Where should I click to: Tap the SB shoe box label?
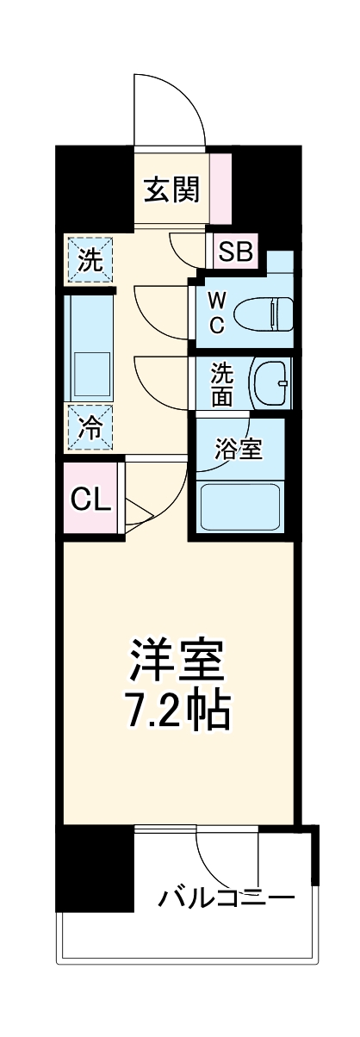(x=234, y=252)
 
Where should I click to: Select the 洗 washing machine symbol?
(x=90, y=259)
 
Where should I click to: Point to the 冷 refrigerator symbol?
(x=90, y=426)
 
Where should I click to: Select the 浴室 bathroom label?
(x=238, y=449)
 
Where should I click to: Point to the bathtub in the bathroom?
(x=241, y=506)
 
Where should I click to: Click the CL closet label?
(x=90, y=499)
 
